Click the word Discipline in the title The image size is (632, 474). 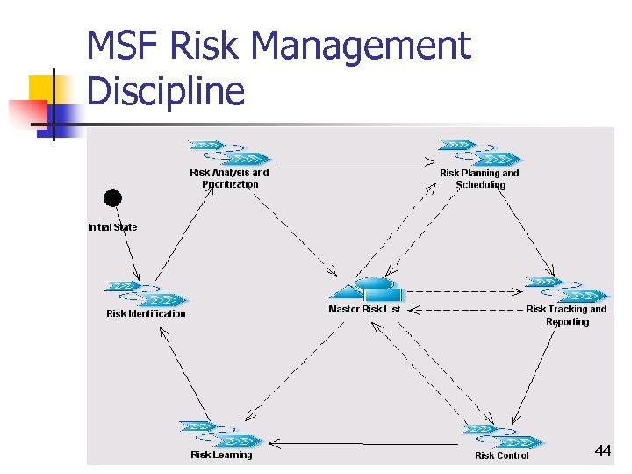[x=166, y=90]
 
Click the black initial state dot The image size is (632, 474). [x=113, y=198]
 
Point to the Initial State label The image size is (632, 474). [x=112, y=227]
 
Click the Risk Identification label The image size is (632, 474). [x=146, y=313]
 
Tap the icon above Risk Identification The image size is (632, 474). [x=145, y=292]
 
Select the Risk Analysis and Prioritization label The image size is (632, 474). [x=230, y=178]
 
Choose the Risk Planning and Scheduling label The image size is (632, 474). [x=479, y=179]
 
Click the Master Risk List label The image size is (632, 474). [x=364, y=309]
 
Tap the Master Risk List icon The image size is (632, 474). [x=370, y=290]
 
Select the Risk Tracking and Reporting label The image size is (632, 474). [x=566, y=315]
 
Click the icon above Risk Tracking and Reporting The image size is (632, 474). [x=565, y=289]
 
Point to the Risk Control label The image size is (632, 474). [x=501, y=456]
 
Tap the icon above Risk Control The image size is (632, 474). [x=503, y=435]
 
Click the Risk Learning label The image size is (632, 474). [x=221, y=455]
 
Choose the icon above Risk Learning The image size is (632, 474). [x=220, y=434]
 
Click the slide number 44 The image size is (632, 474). [x=602, y=451]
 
